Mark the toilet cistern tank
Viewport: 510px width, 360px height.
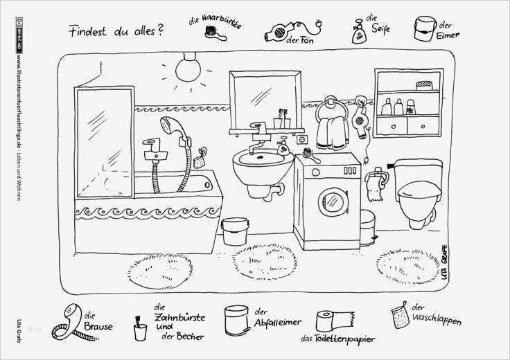tap(419, 170)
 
